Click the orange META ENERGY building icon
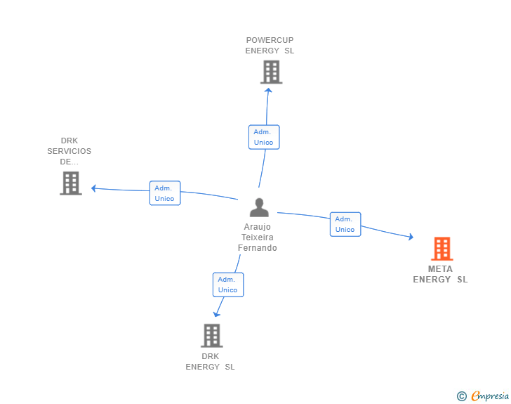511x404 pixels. [442, 249]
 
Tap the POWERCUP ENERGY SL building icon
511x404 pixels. [271, 72]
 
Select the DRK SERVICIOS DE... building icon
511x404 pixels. [70, 183]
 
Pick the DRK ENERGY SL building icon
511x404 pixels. [211, 335]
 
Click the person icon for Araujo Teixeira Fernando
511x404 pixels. [259, 207]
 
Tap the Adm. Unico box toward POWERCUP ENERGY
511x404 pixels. [263, 137]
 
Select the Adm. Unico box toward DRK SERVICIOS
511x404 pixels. [164, 193]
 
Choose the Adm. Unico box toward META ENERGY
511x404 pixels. [345, 224]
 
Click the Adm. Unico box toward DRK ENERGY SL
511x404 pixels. [227, 285]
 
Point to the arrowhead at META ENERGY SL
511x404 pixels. [410, 237]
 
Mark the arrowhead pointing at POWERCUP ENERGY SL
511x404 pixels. [267, 89]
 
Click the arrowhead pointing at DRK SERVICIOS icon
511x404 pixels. [94, 188]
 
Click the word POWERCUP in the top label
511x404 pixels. [270, 40]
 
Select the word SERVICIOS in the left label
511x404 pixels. [69, 151]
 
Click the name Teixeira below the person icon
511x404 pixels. [257, 237]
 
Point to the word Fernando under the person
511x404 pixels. [257, 248]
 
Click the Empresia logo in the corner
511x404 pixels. [490, 396]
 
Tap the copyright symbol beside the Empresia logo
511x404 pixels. [461, 396]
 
